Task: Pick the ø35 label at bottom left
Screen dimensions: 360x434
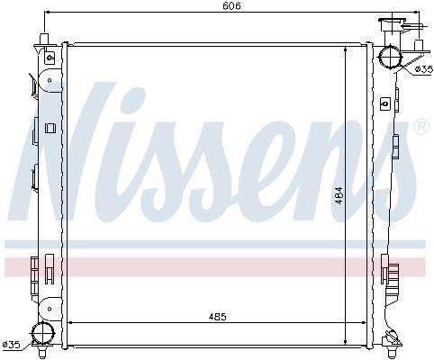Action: [x=11, y=343]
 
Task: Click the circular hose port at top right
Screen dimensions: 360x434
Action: [x=393, y=56]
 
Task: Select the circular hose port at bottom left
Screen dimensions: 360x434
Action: [x=42, y=335]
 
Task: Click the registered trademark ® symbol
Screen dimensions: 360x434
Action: [x=420, y=129]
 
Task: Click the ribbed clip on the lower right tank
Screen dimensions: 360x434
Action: [x=388, y=267]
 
